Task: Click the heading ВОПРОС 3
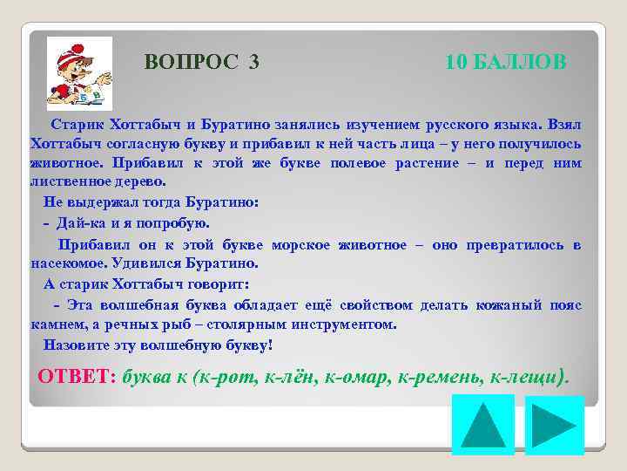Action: click(201, 62)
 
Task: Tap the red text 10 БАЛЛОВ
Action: click(505, 62)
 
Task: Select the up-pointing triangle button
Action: click(482, 424)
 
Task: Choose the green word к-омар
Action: click(359, 377)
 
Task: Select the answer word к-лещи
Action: click(529, 377)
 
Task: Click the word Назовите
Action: click(78, 345)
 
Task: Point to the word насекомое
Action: click(65, 263)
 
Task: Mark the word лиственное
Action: click(70, 181)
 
